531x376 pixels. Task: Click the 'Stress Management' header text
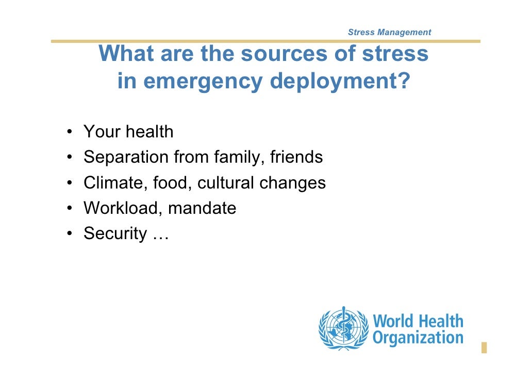tap(389, 33)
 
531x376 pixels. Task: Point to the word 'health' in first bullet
tap(150, 132)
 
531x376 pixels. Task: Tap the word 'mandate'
tap(202, 208)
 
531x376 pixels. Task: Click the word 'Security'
tap(115, 234)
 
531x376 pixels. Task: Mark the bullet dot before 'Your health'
tap(69, 133)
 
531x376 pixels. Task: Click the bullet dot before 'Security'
tap(69, 235)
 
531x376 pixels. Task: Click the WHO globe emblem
tap(342, 329)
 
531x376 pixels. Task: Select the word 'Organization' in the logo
tap(418, 338)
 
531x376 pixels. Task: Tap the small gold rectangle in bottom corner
tap(484, 348)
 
